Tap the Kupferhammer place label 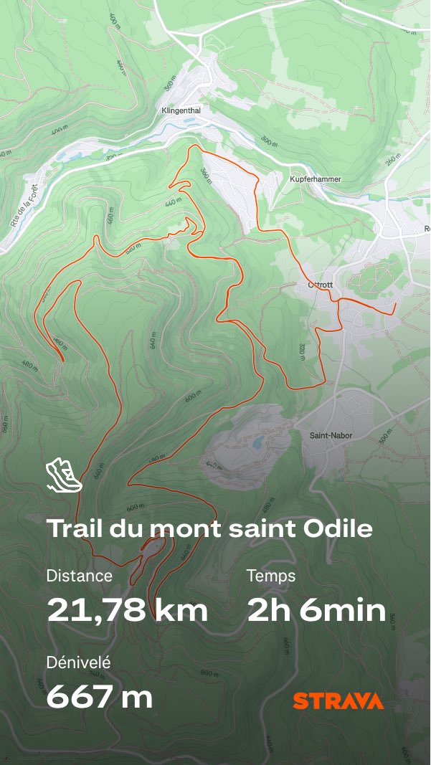(315, 179)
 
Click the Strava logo (338, 701)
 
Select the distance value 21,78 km (128, 610)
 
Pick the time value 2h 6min (316, 610)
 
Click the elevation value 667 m (100, 696)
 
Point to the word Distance (79, 575)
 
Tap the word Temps (270, 575)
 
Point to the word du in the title (124, 529)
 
